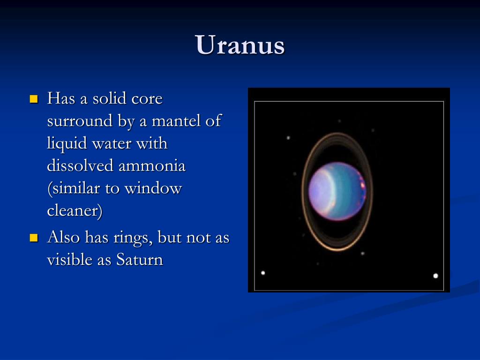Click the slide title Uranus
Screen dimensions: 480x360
240,45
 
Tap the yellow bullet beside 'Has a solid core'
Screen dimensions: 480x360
34,99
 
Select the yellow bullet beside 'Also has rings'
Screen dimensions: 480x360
34,238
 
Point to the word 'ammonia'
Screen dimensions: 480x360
152,166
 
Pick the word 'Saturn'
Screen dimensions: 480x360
140,260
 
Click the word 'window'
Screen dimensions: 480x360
153,188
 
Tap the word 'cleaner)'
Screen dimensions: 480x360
75,211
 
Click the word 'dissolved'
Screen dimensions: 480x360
80,165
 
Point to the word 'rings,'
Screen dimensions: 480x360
133,238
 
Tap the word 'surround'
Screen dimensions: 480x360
80,120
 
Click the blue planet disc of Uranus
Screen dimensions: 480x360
337,191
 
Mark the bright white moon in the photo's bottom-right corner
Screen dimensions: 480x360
435,276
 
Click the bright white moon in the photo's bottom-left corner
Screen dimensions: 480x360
263,273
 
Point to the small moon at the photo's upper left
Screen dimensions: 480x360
288,138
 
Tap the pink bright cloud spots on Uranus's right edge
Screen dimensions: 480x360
362,187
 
